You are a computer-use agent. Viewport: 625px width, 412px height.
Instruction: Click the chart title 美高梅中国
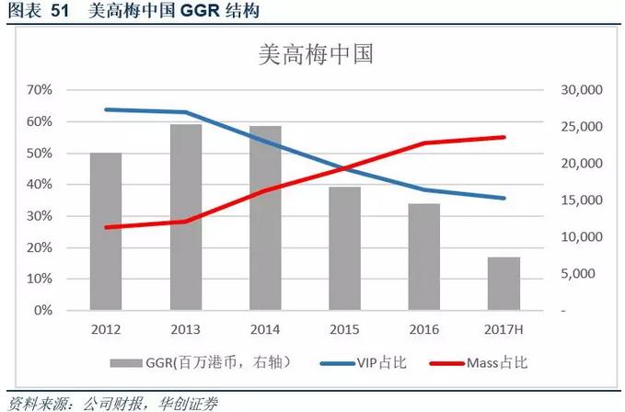tap(313, 54)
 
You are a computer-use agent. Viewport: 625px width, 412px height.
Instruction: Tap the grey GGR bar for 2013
tap(185, 217)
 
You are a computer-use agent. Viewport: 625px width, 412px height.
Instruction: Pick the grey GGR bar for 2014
tap(265, 218)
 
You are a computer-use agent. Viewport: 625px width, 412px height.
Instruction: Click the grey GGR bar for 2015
tap(344, 248)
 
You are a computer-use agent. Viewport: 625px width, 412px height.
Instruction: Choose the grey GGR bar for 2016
tap(424, 257)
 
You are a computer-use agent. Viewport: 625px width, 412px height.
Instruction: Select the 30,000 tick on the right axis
tap(579, 90)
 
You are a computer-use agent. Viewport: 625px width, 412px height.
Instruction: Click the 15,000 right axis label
tap(579, 200)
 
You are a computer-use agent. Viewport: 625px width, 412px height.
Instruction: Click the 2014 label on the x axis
tap(265, 328)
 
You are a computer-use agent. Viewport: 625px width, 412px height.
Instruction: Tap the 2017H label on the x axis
tap(503, 328)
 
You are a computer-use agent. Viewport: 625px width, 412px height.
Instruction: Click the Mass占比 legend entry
tap(479, 362)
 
